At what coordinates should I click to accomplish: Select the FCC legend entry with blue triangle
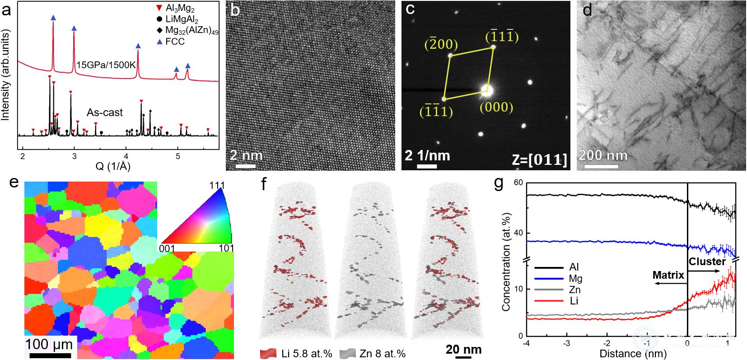175,42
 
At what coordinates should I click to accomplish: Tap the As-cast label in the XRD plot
105,112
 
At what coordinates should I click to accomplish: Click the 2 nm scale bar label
246,155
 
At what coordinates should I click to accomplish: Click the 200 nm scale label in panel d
603,156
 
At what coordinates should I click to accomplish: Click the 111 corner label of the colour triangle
216,186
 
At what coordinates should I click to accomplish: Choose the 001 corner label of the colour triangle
168,248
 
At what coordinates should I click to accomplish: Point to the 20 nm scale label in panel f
463,349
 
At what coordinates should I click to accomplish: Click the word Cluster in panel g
707,262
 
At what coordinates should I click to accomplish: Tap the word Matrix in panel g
667,274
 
